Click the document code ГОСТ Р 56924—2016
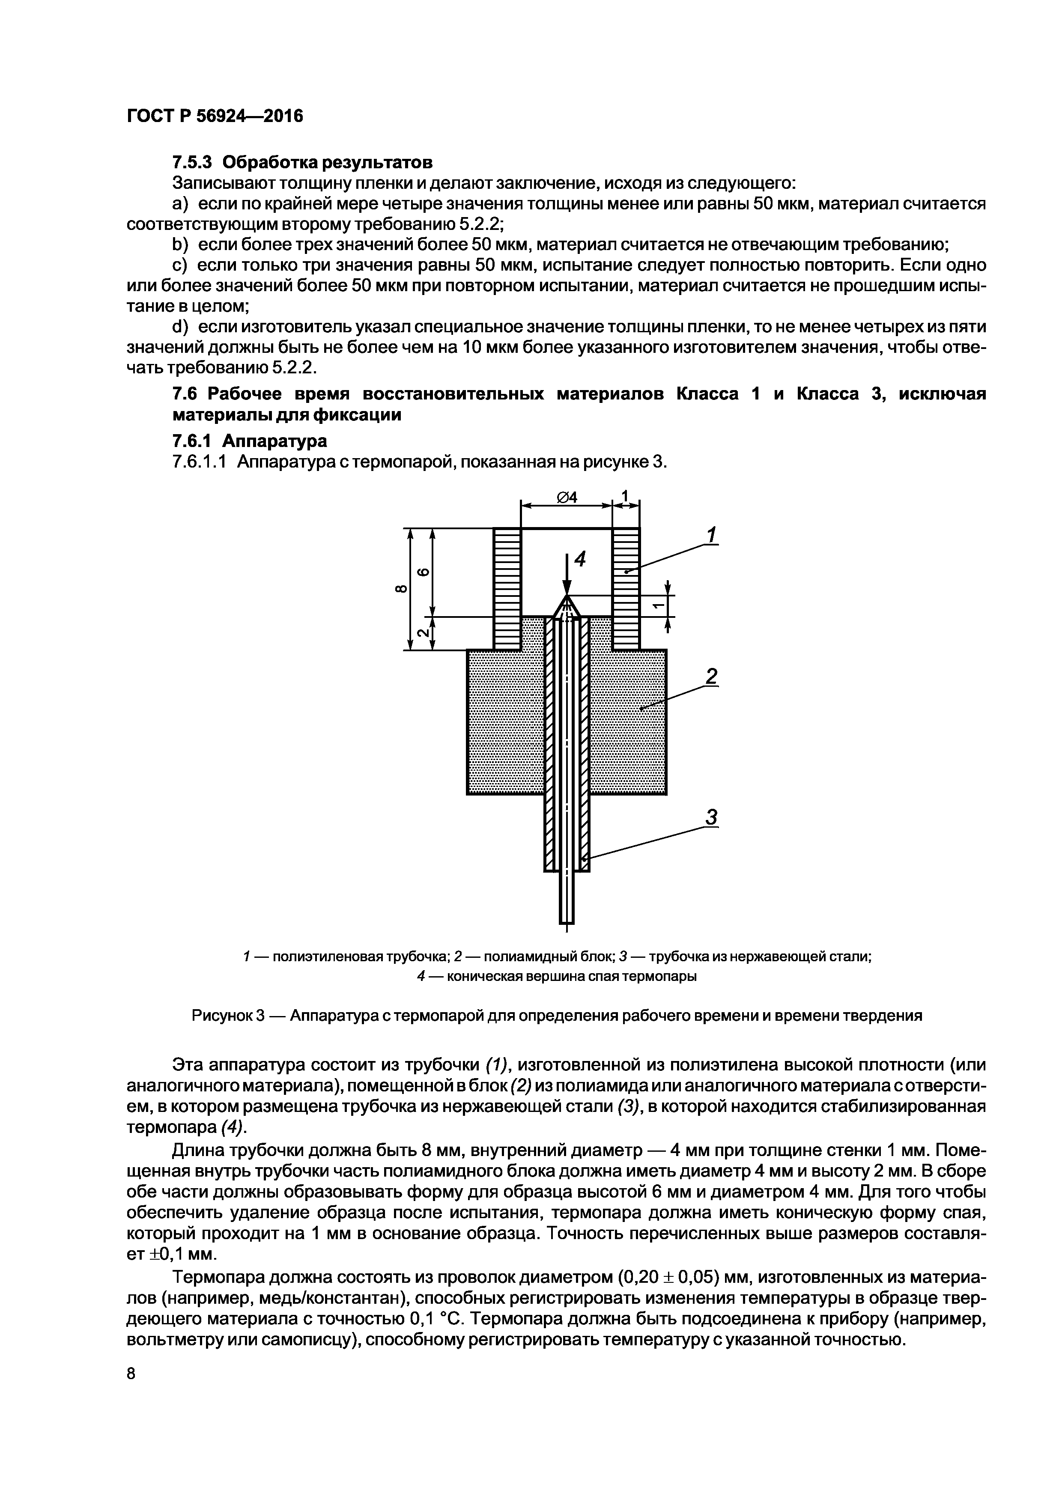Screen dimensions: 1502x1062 [x=215, y=116]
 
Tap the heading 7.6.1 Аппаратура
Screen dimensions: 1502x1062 [x=249, y=441]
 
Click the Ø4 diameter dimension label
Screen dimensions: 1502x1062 [x=567, y=498]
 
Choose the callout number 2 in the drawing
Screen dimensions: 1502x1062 [x=712, y=676]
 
